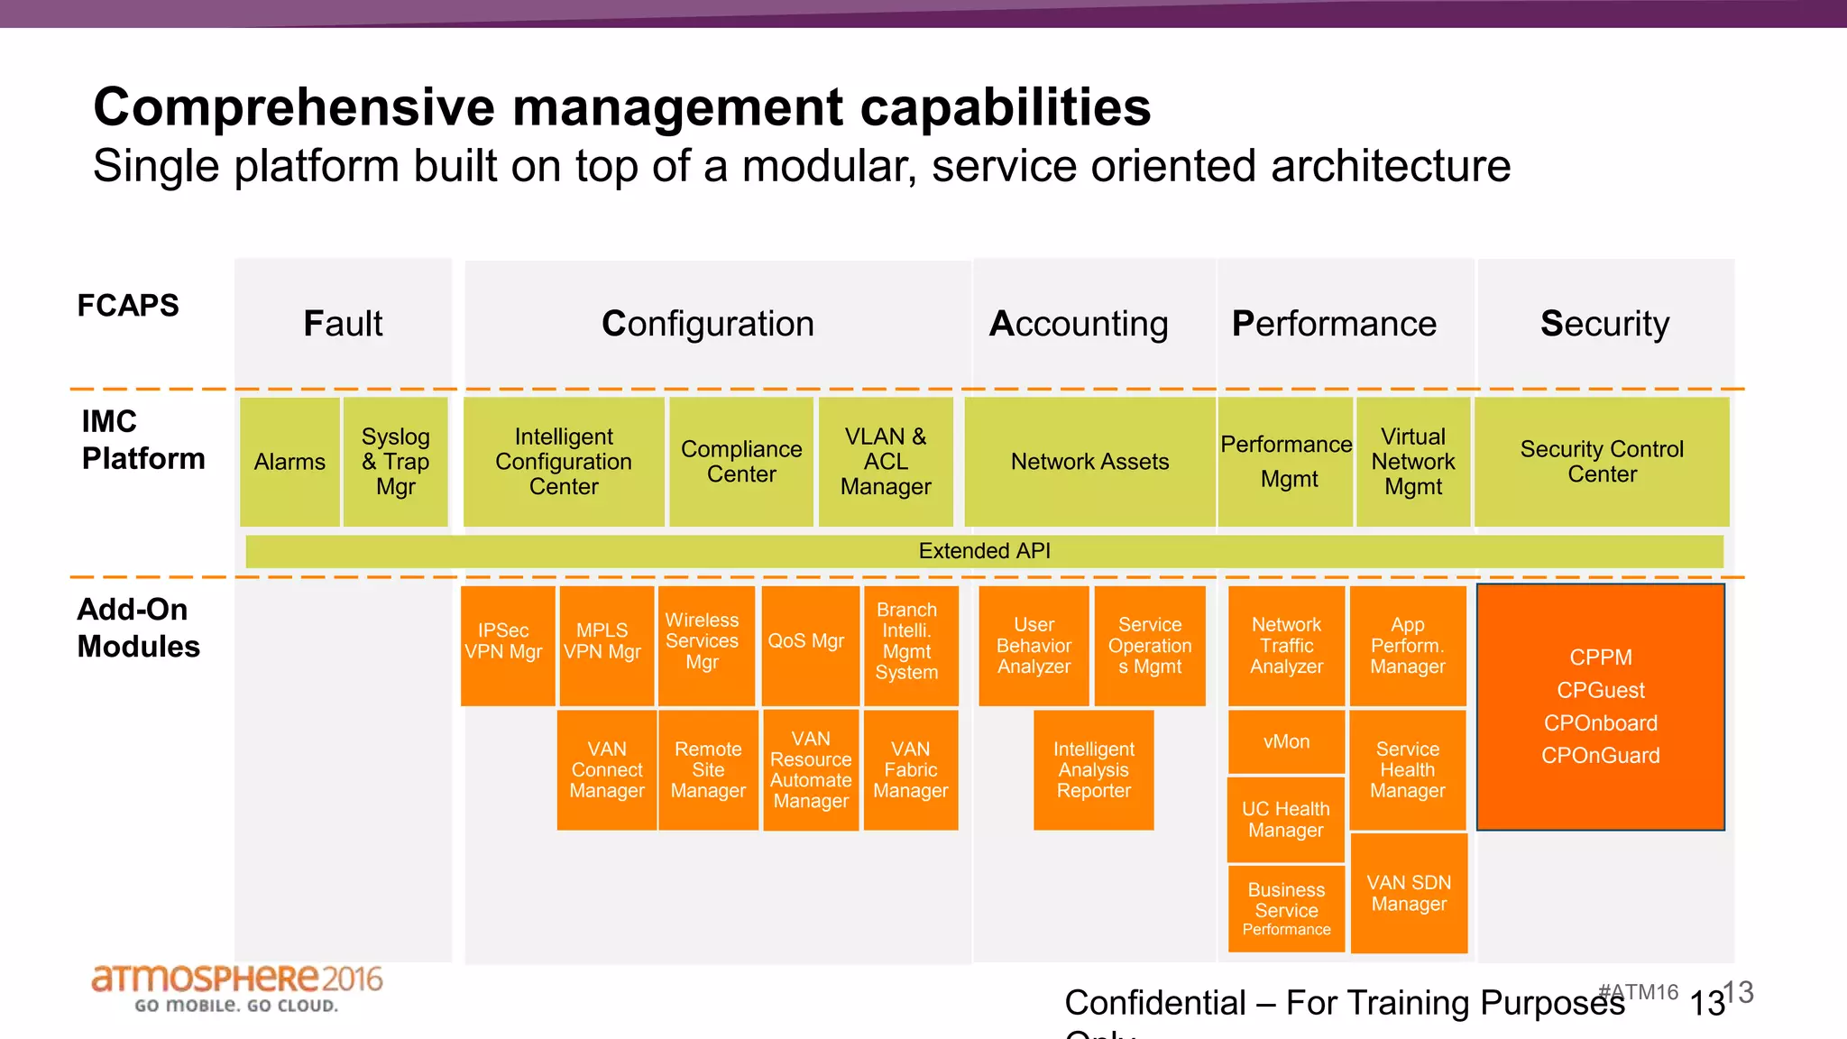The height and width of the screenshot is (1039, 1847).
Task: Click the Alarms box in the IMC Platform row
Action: (x=289, y=462)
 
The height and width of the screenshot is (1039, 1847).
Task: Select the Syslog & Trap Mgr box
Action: (x=395, y=462)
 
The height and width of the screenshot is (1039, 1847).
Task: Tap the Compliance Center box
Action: (x=741, y=462)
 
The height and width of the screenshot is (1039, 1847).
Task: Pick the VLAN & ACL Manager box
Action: (x=886, y=462)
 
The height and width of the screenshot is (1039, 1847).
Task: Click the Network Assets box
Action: (x=1089, y=462)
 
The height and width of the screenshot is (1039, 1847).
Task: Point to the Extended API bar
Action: (x=984, y=551)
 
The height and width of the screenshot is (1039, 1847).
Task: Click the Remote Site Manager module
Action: (x=708, y=769)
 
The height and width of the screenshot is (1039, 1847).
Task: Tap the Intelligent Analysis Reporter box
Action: (x=1093, y=769)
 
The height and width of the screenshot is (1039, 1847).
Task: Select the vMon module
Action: (x=1286, y=741)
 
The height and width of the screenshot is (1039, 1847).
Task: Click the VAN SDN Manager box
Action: (x=1409, y=893)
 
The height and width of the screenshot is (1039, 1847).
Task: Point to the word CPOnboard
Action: (x=1600, y=723)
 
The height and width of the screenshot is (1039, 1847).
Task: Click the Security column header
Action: (x=1604, y=324)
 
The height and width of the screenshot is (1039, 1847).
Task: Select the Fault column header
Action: (x=343, y=324)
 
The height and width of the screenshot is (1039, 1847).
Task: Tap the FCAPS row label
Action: (x=128, y=306)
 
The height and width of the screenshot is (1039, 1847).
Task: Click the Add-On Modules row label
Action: (x=137, y=628)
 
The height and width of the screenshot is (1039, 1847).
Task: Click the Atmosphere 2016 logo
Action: (x=236, y=988)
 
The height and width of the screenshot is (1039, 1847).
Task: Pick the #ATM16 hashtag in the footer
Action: (x=1638, y=992)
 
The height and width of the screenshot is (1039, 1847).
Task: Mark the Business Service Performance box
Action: (x=1286, y=908)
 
